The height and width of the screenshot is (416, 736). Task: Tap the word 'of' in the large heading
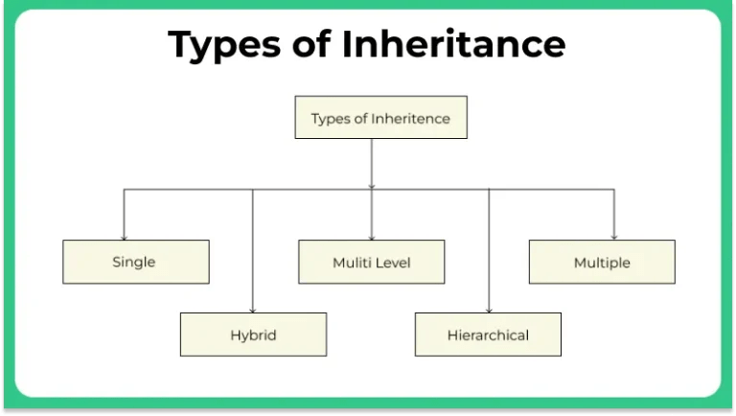point(315,43)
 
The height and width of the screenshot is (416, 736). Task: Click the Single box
point(135,262)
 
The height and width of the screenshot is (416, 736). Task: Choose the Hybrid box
point(253,335)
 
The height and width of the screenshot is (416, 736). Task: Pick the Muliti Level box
point(371,262)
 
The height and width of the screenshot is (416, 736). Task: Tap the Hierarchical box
point(488,335)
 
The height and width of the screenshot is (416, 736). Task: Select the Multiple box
point(602,262)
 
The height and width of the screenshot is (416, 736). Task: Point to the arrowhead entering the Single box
point(124,237)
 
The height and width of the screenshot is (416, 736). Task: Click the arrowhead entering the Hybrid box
point(253,310)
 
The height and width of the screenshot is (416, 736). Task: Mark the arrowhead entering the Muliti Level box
point(371,237)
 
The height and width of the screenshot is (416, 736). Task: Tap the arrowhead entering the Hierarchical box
point(489,310)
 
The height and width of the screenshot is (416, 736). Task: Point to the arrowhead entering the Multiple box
point(614,237)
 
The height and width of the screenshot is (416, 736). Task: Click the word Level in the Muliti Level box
point(394,262)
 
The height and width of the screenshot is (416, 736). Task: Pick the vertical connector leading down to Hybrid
point(253,249)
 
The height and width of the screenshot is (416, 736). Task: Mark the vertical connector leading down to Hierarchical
point(489,249)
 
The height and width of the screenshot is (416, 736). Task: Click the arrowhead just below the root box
point(371,185)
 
